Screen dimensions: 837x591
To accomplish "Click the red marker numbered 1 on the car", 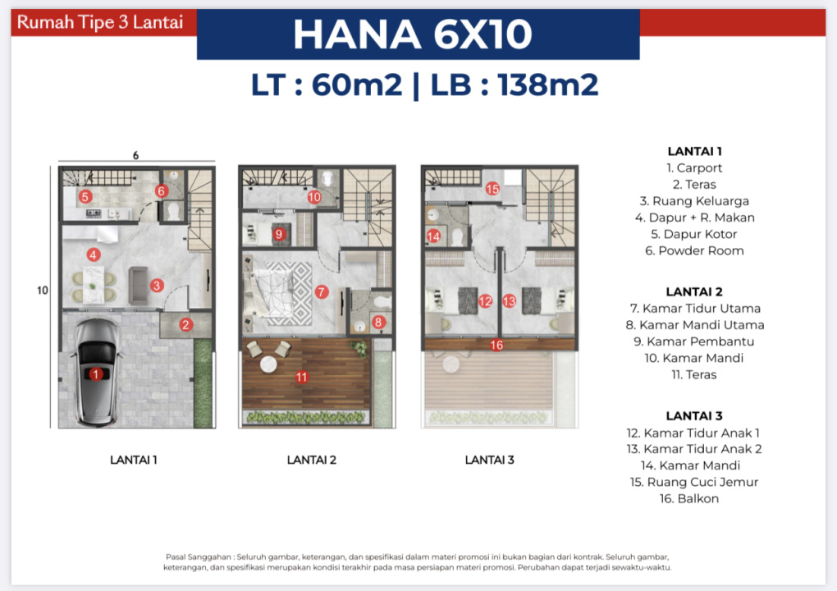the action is (x=95, y=374).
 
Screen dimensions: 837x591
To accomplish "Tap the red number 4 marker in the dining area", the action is (x=94, y=254).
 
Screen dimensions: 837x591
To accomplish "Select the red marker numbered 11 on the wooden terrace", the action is (x=302, y=378).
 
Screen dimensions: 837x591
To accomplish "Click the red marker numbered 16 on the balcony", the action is (x=496, y=345).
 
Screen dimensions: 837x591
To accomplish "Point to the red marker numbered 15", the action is (x=492, y=189).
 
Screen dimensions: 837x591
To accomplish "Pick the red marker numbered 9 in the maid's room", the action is (x=278, y=234).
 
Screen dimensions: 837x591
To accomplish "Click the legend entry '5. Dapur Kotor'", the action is (x=694, y=234).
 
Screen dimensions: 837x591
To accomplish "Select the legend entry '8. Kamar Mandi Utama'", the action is (x=695, y=324).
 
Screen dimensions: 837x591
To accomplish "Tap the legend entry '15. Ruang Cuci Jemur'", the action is (x=694, y=482).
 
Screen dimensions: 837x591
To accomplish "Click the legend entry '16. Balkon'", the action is (x=689, y=498).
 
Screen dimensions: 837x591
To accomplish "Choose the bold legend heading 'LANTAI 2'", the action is (x=694, y=291).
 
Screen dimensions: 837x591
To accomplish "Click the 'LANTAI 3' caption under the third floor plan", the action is (x=490, y=460).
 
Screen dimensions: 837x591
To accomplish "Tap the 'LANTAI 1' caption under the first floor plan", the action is (x=134, y=460).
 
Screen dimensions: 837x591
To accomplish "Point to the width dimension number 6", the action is (x=135, y=155).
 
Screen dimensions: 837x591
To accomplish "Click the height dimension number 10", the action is (x=43, y=291).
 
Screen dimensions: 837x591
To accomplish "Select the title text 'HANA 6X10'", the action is (x=413, y=34).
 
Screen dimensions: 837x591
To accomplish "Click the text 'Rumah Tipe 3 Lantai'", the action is (x=100, y=22).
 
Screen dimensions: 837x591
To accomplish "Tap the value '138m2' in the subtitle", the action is (x=547, y=85).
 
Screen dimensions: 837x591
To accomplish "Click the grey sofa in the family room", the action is (x=138, y=286).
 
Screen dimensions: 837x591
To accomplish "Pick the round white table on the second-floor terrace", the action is (x=268, y=364).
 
